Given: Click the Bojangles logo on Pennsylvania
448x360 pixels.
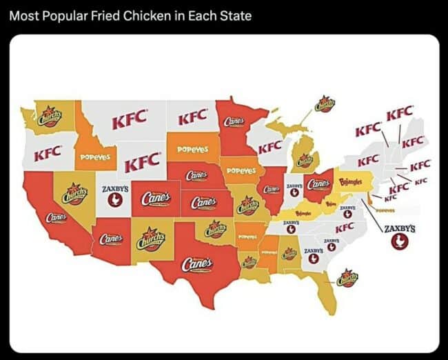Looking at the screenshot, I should click(x=352, y=184).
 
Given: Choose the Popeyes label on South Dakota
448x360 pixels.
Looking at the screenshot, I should click(x=193, y=149).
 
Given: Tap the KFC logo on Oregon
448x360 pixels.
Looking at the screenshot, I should click(x=47, y=150).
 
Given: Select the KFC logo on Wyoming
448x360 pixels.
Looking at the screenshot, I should click(x=141, y=163).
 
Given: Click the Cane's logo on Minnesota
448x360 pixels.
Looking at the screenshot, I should click(x=234, y=122).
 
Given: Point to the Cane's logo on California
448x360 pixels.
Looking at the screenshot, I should click(x=55, y=217).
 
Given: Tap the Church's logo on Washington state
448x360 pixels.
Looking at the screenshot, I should click(x=49, y=115).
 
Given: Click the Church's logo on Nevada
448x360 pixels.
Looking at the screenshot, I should click(x=74, y=194).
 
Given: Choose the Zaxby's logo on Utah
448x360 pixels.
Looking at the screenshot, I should click(x=114, y=195).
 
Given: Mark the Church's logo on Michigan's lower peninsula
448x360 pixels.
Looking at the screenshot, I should click(x=305, y=161).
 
